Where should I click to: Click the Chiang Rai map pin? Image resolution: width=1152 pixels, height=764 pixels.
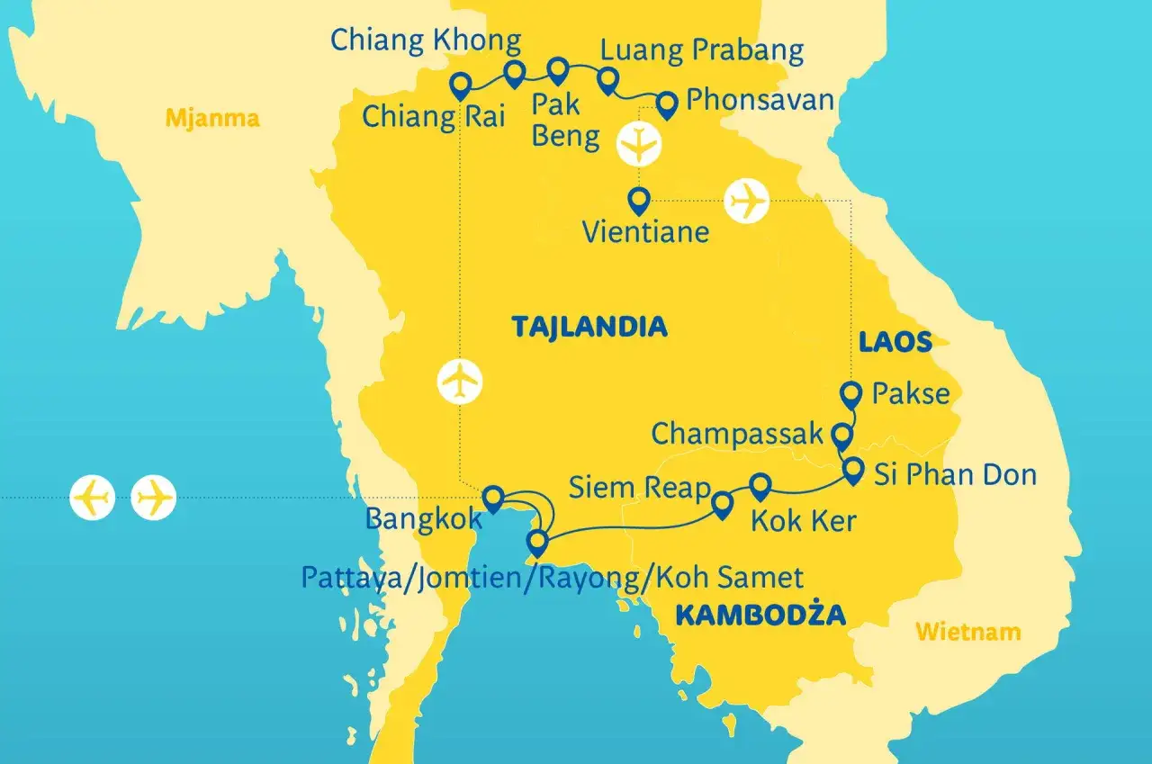point(461,85)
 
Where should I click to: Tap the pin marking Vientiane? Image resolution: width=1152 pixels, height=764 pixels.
point(639,200)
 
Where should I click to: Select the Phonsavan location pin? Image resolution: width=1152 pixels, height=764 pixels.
point(666,104)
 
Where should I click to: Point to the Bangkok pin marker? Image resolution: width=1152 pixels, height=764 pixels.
point(492,498)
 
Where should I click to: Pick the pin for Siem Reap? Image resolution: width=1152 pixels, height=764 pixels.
point(721,504)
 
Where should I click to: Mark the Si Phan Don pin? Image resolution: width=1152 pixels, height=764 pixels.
point(851,470)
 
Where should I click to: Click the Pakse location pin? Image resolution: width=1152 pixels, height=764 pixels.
point(850,393)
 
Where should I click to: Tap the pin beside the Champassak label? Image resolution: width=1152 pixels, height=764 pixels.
point(841,436)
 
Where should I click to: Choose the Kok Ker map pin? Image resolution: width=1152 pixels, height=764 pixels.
point(760,487)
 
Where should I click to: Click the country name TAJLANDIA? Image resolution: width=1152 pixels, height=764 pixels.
point(589,326)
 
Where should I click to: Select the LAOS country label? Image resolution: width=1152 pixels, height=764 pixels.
point(894,342)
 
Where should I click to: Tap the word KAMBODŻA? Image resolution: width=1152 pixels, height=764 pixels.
point(760,616)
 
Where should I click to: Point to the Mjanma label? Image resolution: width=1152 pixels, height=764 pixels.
point(212,118)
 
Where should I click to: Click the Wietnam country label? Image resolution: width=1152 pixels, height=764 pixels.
point(967,632)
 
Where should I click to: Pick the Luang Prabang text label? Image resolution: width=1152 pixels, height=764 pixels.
point(701,50)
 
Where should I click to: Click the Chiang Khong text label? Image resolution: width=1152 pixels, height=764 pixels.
point(426,40)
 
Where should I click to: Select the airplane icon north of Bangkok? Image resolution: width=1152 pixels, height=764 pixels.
point(460,382)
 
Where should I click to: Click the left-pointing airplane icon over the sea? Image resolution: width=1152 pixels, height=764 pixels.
point(93,497)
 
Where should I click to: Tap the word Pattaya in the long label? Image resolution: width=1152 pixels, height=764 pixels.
point(349,577)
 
